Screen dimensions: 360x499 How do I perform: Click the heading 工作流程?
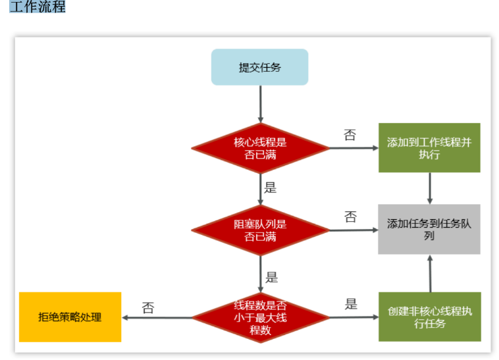coord(38,7)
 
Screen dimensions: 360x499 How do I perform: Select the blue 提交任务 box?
coord(259,67)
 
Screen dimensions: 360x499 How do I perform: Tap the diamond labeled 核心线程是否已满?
coord(260,148)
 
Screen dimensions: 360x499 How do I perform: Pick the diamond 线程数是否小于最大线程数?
coord(260,317)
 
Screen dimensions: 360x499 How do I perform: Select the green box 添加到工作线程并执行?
coord(429,148)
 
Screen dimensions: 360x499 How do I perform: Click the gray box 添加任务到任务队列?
coord(429,229)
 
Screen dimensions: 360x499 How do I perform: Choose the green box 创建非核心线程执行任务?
coord(429,317)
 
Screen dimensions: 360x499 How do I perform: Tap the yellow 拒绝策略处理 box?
coord(70,317)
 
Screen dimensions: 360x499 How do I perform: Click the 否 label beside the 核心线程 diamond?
coord(350,136)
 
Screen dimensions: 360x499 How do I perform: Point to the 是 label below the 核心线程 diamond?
coord(271,188)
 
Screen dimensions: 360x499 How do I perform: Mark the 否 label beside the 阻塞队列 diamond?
coord(351,217)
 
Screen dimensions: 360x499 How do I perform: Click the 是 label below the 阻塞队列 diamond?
coord(271,277)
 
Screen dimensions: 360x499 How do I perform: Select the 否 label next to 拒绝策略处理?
coord(148,307)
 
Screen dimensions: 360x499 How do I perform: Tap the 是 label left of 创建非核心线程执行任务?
coord(351,304)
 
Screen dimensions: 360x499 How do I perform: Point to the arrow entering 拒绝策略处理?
coord(158,317)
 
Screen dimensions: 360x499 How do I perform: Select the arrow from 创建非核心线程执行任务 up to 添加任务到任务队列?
coord(430,273)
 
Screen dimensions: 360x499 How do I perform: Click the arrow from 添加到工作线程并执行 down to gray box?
coord(430,188)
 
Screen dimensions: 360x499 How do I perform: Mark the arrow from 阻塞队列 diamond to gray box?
coord(353,230)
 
